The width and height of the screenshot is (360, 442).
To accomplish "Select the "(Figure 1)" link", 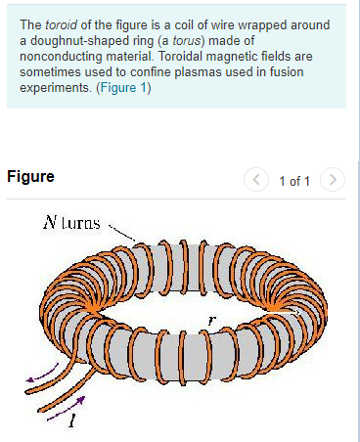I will point(123,88).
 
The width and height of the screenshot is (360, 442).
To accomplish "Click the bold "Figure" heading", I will point(30,177).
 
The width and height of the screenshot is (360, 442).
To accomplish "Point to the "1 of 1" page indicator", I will point(293,181).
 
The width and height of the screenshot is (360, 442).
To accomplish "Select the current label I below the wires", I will point(71,422).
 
